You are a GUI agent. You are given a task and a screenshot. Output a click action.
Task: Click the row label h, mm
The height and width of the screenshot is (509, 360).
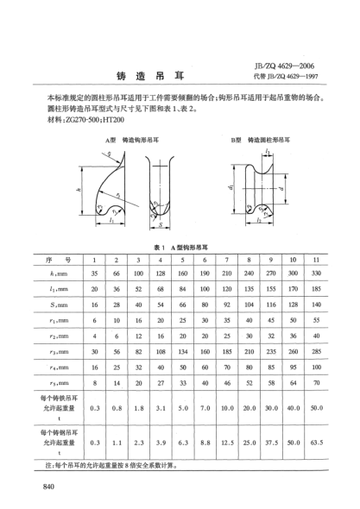[60, 275]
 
